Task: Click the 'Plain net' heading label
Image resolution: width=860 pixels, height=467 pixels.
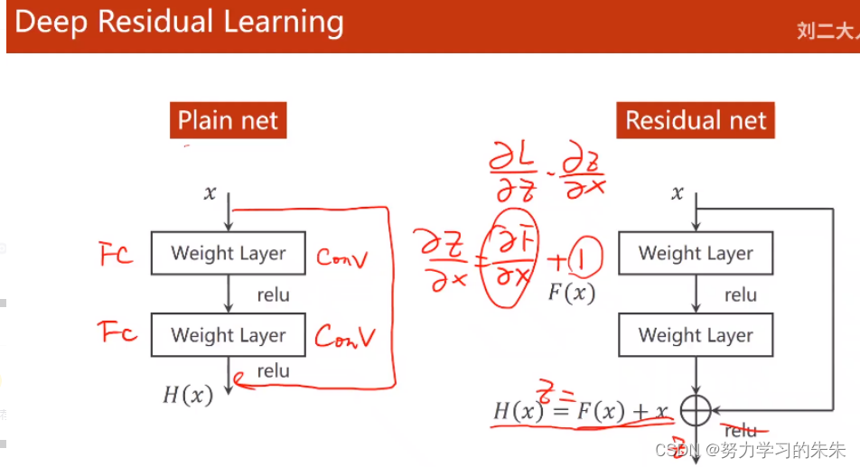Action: (228, 120)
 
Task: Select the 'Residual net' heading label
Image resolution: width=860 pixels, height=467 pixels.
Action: (696, 120)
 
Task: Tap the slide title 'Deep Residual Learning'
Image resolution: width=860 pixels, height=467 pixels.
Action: (179, 23)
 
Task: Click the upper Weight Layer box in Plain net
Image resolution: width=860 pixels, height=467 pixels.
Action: (228, 254)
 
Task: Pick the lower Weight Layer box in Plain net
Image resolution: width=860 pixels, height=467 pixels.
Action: (228, 335)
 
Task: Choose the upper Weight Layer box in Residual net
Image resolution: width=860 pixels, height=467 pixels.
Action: (696, 254)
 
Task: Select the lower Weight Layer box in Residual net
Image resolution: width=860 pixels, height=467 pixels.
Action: (696, 335)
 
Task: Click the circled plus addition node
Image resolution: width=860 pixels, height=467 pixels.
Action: (696, 412)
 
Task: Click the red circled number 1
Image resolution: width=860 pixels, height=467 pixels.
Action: (585, 261)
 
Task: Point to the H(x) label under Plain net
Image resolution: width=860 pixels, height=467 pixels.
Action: (187, 394)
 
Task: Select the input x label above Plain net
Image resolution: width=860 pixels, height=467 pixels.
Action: (210, 192)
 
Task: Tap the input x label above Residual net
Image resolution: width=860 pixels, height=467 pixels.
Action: (678, 192)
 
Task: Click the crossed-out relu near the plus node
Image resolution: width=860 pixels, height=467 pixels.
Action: (741, 432)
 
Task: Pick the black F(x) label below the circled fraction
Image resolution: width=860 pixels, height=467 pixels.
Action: (572, 293)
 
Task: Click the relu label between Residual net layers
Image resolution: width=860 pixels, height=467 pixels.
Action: (740, 294)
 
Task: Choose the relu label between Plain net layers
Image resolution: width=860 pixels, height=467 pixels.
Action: (273, 294)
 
